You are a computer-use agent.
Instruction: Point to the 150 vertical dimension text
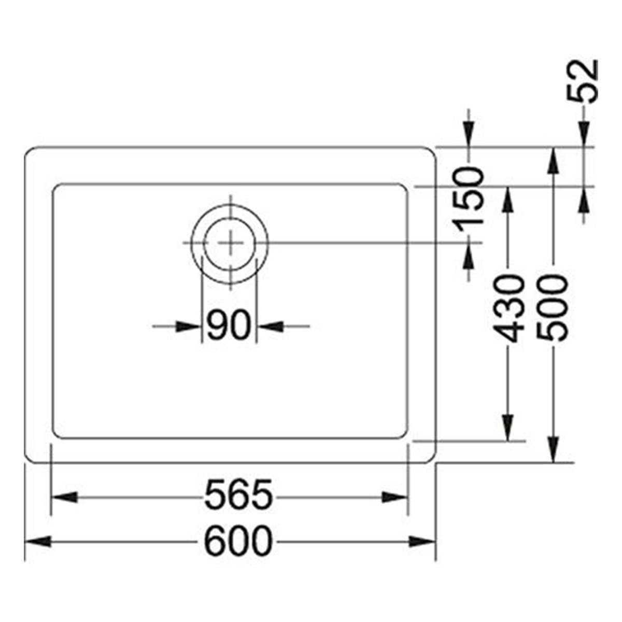click(469, 200)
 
